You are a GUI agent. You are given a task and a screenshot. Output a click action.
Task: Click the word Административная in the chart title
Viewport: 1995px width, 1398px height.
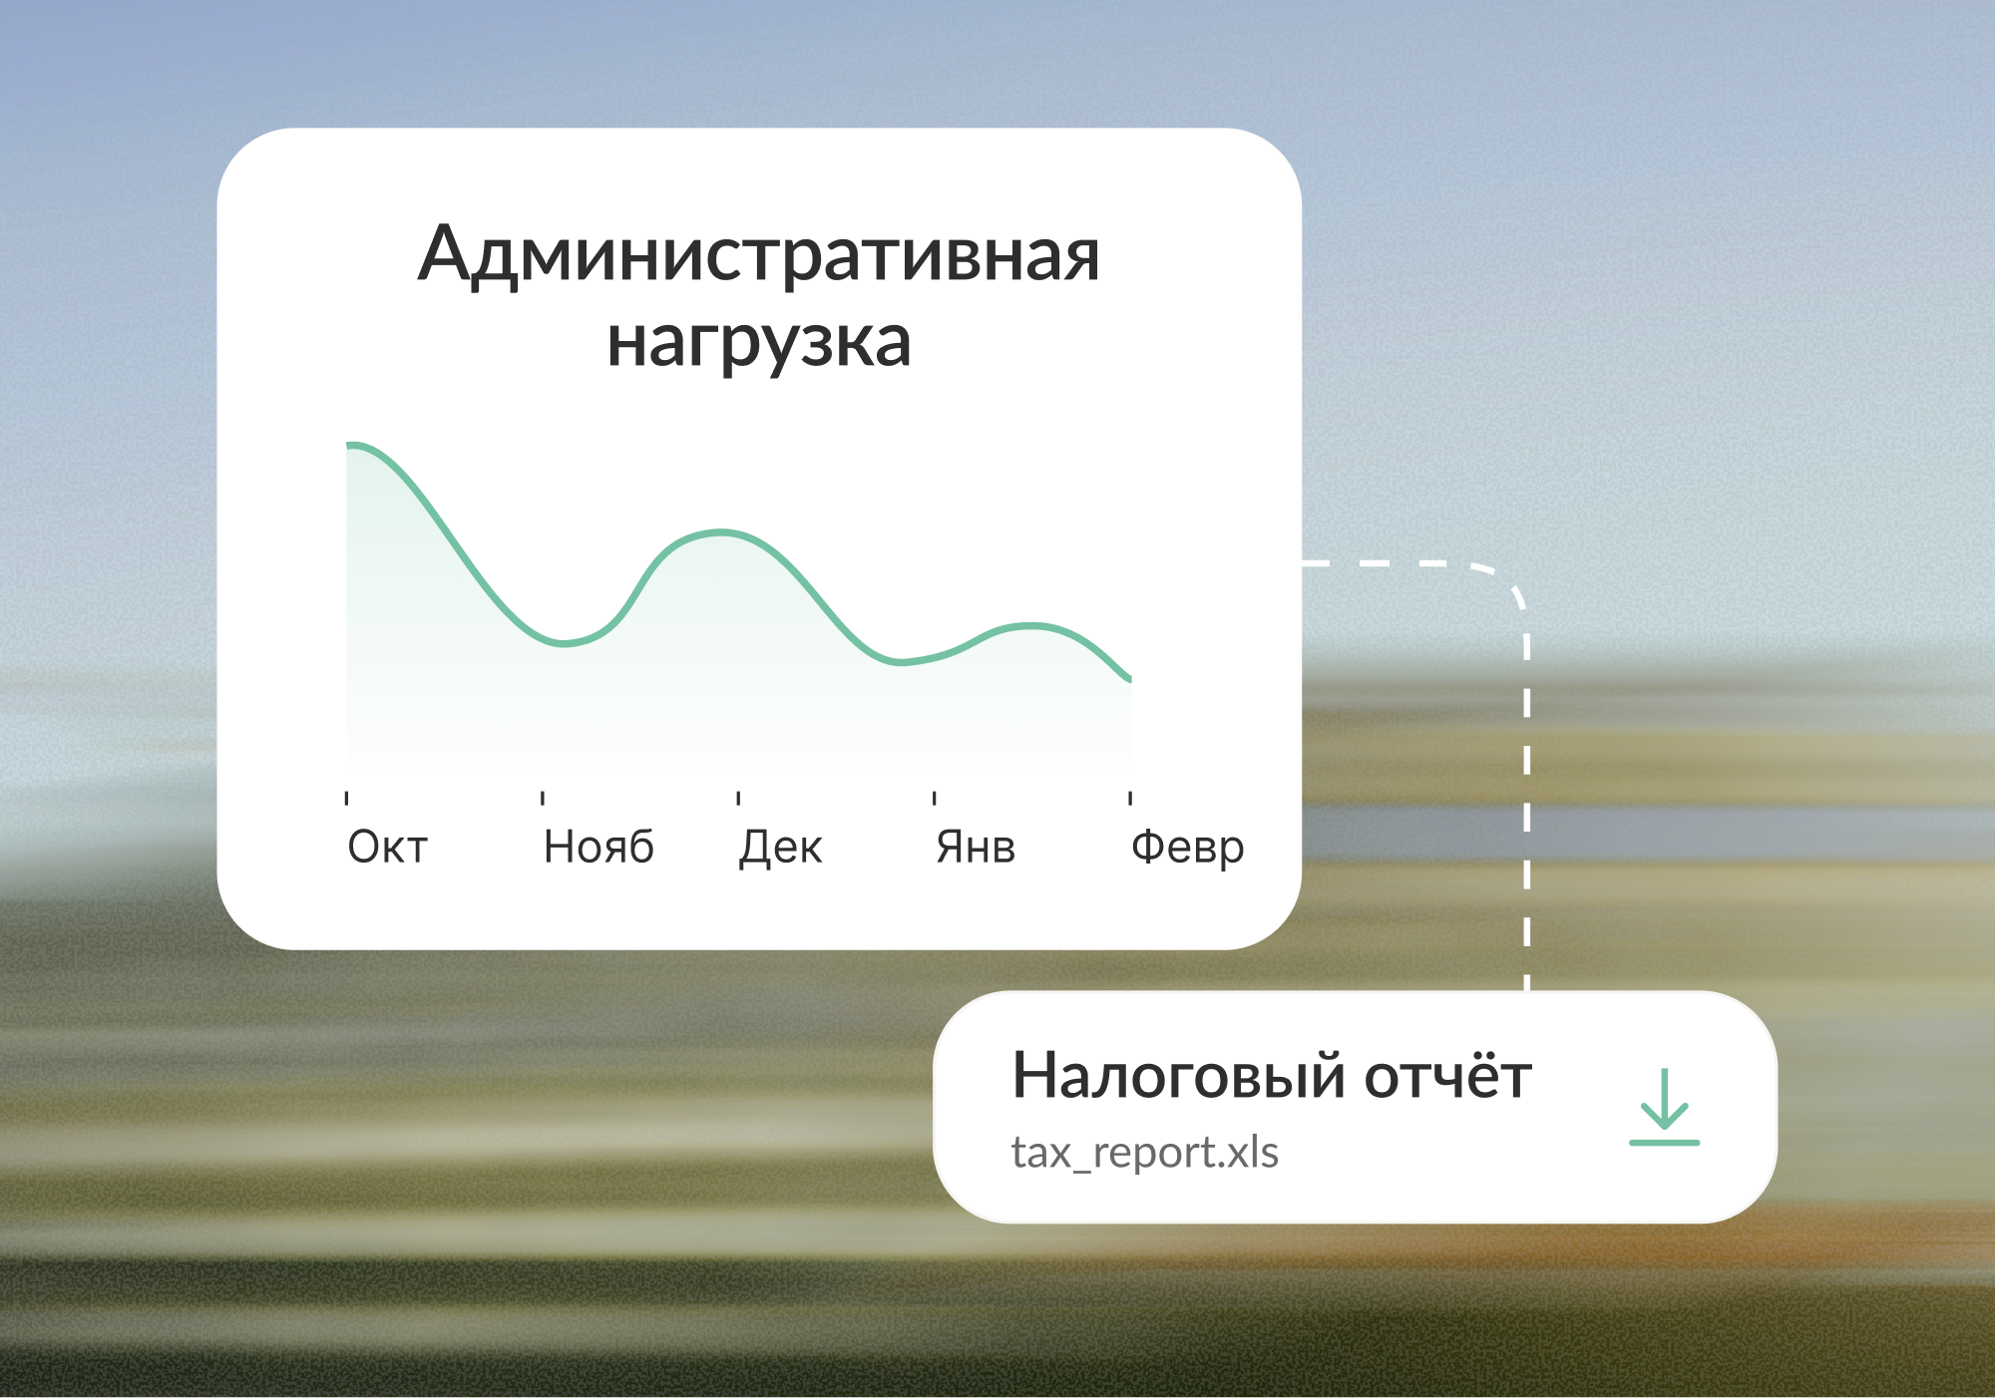[759, 255]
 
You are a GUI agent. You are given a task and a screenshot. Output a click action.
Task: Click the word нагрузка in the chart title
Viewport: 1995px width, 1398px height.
[759, 343]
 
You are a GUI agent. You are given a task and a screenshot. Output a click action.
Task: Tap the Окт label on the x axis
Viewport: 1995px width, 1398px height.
[387, 848]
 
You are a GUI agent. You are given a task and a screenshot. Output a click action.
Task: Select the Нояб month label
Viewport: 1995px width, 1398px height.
[598, 848]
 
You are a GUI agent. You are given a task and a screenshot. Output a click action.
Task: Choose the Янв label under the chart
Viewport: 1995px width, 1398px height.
[976, 848]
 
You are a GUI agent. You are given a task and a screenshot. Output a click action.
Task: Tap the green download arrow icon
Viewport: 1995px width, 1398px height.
[1664, 1107]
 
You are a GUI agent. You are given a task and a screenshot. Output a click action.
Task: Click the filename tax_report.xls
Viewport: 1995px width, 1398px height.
[1144, 1153]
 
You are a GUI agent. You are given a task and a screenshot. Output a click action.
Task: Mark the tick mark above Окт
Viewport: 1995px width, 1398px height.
[346, 798]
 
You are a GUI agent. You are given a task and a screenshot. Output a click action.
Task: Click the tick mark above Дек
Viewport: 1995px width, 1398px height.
[738, 798]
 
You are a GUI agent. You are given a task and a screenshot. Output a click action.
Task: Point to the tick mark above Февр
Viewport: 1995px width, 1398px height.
[1130, 798]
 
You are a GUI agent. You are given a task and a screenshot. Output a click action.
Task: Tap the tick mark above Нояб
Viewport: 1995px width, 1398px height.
[543, 798]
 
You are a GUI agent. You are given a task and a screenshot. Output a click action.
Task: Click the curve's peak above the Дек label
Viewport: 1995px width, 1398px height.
[721, 532]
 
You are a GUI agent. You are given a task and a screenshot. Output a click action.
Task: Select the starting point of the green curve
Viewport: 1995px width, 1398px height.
[348, 445]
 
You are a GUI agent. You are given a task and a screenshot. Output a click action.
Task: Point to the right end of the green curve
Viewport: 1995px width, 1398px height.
[1130, 680]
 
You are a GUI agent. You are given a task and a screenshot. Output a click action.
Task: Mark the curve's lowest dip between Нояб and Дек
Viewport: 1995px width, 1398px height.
[565, 644]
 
